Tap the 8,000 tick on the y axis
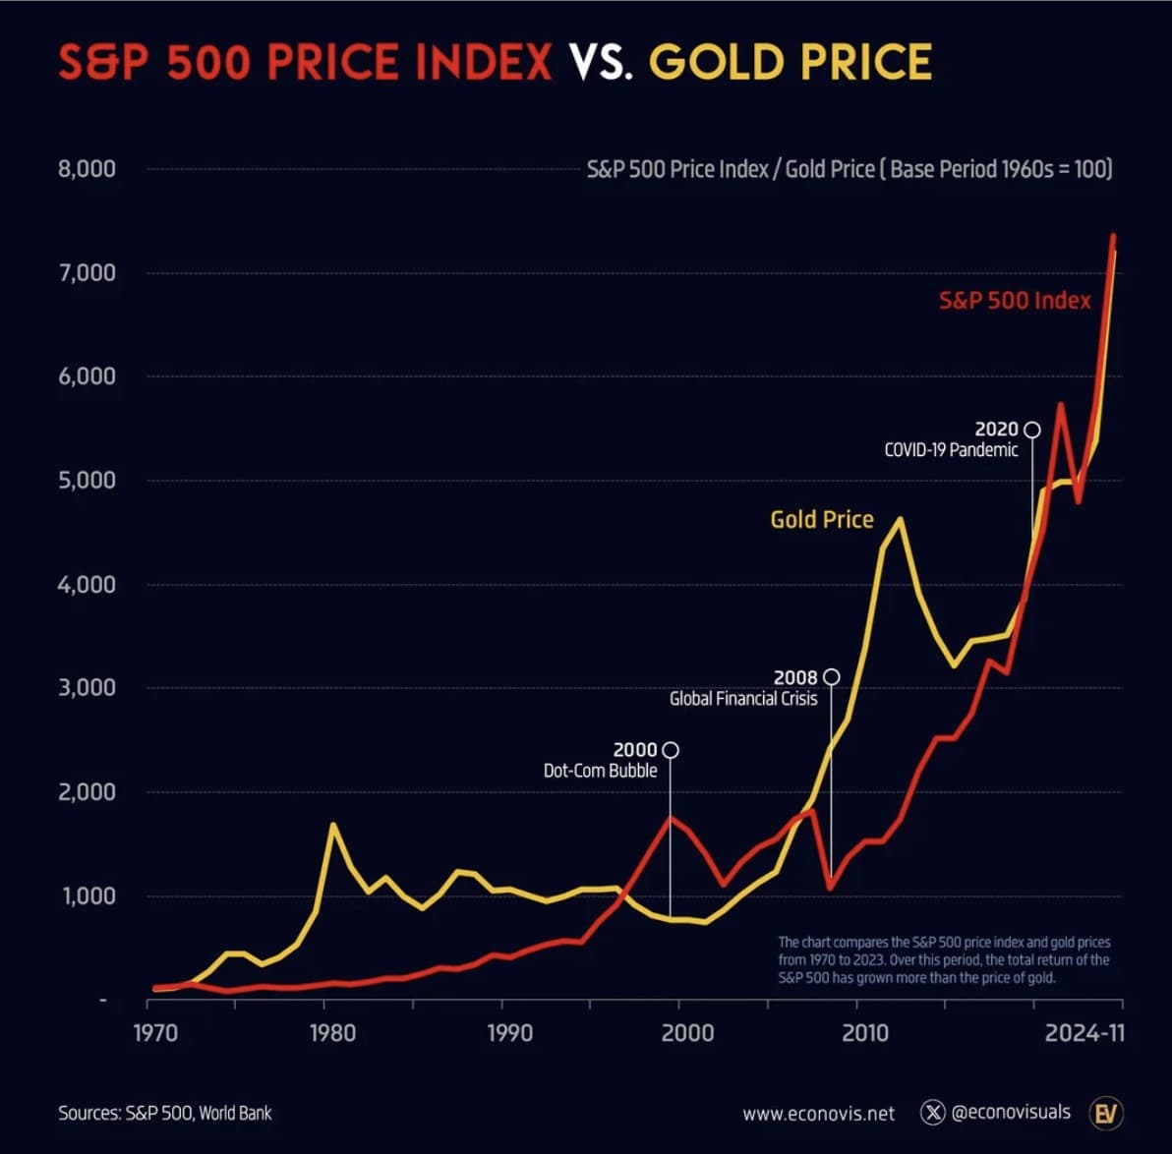pos(87,169)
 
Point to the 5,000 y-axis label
pos(87,481)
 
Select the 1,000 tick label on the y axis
pos(87,896)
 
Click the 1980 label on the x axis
pos(332,1033)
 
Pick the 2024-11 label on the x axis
pos(1084,1033)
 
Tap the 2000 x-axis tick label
pos(687,1033)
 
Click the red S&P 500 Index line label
pos(1015,301)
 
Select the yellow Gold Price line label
pos(821,519)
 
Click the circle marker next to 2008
pos(832,676)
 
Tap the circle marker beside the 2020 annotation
pos(1031,430)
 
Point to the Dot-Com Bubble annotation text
pos(600,771)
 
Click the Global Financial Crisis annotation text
pos(743,699)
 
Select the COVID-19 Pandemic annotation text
pos(951,450)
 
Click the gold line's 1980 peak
pos(333,826)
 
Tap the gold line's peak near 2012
pos(900,519)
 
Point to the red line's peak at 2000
pos(671,818)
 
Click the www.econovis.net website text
pos(818,1114)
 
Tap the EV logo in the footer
pos(1107,1113)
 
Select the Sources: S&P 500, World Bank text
pos(164,1114)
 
